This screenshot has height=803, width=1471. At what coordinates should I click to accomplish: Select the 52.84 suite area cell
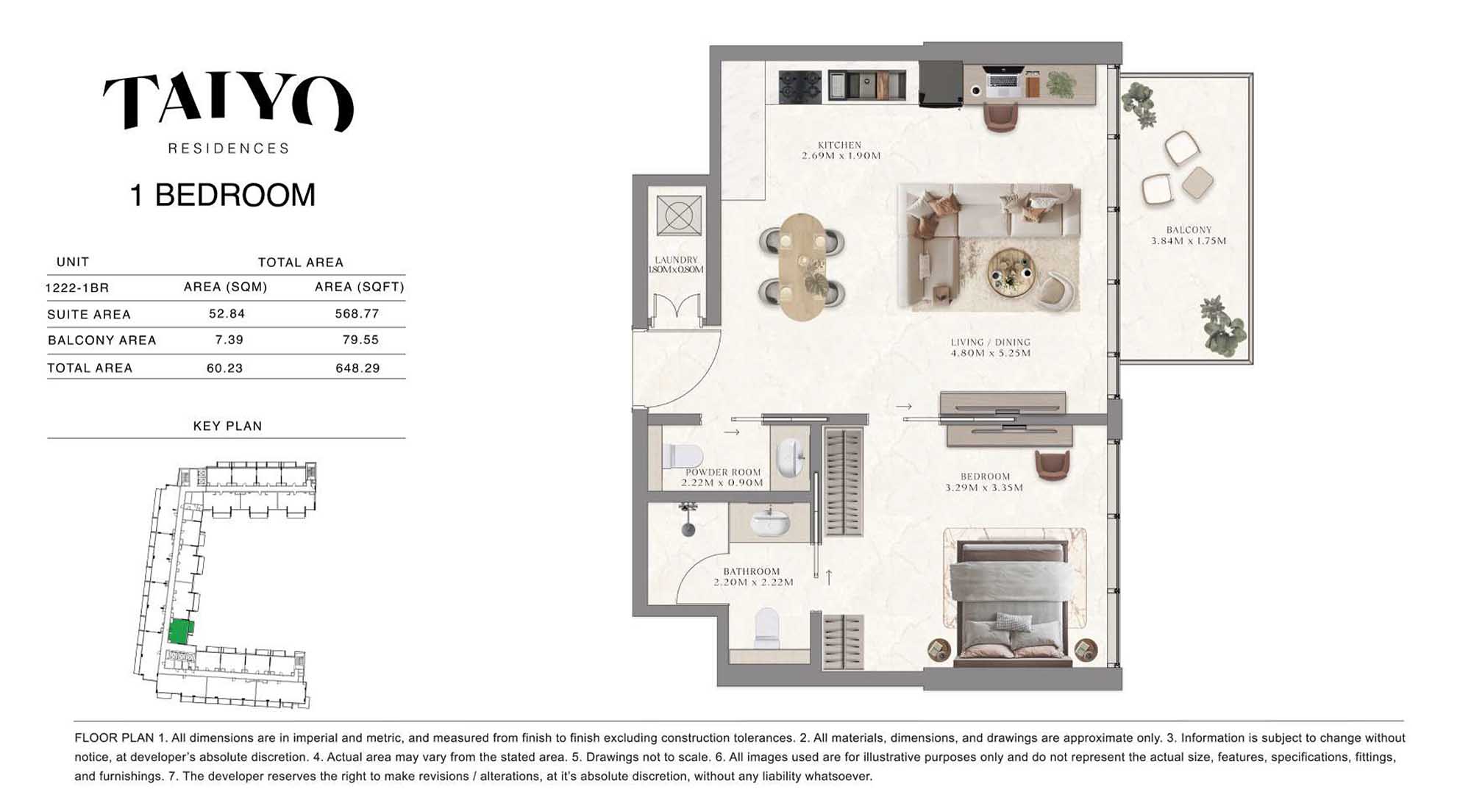click(x=227, y=314)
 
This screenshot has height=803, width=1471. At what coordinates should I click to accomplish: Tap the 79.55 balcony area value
click(x=360, y=340)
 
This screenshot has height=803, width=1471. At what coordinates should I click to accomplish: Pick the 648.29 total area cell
click(x=357, y=368)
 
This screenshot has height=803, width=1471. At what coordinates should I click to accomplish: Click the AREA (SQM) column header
click(x=225, y=287)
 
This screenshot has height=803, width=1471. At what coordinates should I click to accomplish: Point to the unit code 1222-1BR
click(x=77, y=288)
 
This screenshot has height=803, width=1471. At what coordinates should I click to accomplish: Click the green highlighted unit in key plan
click(x=181, y=631)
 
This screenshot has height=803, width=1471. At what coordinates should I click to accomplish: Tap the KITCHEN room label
click(x=840, y=145)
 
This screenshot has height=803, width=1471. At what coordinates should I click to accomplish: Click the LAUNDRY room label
click(x=676, y=260)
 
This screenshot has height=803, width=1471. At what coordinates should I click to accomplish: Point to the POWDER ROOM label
click(x=723, y=472)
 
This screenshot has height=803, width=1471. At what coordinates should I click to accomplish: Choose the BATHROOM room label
click(x=751, y=571)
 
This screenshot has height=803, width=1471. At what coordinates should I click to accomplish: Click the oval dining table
click(x=802, y=267)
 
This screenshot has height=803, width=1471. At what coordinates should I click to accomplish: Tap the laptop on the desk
click(x=1002, y=82)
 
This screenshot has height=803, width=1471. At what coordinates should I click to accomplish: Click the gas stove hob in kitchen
click(x=800, y=87)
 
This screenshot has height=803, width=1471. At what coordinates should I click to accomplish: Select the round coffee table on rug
click(x=1011, y=272)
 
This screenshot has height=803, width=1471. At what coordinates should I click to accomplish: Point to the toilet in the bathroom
click(x=766, y=627)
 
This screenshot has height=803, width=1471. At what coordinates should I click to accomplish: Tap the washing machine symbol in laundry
click(x=678, y=215)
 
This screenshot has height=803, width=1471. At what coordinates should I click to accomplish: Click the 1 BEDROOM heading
click(x=222, y=195)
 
